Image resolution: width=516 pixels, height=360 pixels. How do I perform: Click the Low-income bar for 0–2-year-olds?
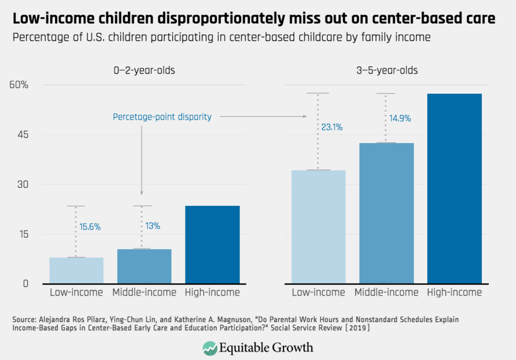coord(77,270)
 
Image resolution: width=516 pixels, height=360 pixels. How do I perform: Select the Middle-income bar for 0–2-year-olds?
coord(144,266)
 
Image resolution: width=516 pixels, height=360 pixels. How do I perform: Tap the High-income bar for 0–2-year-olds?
coord(213,245)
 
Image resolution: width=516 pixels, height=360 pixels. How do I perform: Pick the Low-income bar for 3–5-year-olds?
coord(318,227)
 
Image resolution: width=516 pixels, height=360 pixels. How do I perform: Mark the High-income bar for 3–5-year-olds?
coord(455,188)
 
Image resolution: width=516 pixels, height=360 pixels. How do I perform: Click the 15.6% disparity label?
coord(90,227)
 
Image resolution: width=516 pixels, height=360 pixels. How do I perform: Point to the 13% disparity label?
coord(153,227)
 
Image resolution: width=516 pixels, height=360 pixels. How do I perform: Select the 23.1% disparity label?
coord(332,128)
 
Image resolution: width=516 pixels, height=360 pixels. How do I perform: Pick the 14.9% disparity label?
coord(400,119)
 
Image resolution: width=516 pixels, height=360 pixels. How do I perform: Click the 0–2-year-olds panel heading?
coord(144,70)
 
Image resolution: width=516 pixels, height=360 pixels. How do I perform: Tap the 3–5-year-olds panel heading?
coord(386,70)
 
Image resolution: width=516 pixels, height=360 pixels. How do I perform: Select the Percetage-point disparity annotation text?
coord(162,117)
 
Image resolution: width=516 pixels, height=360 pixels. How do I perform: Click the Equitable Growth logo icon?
coord(210,347)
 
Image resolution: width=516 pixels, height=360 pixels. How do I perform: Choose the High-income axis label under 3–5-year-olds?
coord(455,293)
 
